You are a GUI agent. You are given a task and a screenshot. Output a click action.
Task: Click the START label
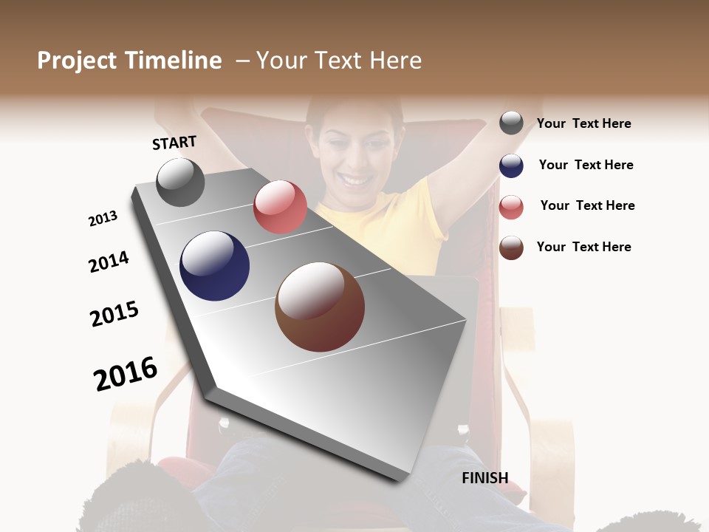(174, 143)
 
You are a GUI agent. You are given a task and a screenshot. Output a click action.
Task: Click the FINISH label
(485, 478)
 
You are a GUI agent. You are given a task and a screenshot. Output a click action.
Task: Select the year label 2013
(103, 219)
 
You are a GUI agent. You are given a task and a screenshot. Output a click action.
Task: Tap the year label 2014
(109, 262)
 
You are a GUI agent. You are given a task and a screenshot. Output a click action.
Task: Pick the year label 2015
(114, 314)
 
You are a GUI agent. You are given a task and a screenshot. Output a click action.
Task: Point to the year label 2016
(126, 374)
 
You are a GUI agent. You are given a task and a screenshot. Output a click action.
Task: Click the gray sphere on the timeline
(180, 182)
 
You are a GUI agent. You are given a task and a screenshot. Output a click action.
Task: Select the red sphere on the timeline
(280, 207)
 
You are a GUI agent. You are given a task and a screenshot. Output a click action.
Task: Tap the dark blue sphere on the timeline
(214, 266)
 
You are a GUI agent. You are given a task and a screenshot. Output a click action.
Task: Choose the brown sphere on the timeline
(320, 307)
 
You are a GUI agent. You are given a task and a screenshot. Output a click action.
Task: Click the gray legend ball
(511, 123)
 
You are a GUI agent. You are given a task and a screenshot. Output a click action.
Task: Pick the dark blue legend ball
(511, 165)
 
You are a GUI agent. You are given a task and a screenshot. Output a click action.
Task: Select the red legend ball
(511, 207)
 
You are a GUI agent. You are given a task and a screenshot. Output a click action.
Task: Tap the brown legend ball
(511, 248)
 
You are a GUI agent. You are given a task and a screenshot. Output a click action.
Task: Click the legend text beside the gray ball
(583, 123)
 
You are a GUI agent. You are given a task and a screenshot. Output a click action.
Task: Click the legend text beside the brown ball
(583, 247)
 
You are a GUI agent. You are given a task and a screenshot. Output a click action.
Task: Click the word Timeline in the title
(174, 61)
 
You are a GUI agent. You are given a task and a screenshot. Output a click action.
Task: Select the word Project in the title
(76, 61)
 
